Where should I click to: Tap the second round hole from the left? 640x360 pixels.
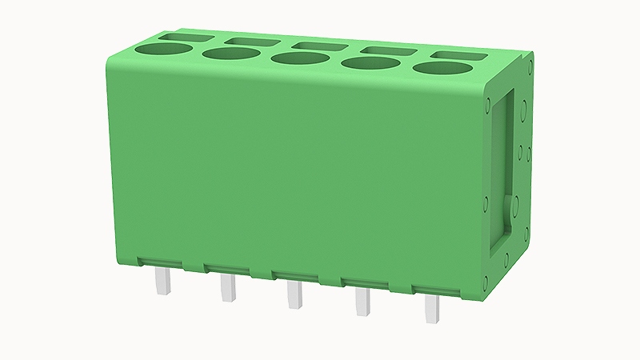pos(231,54)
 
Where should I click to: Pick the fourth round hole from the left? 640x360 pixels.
pos(370,64)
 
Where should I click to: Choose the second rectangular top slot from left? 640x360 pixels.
pos(252,42)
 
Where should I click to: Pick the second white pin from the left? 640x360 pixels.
pos(229,287)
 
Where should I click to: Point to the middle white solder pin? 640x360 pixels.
pos(295,294)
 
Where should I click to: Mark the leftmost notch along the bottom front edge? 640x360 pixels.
pos(194,264)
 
